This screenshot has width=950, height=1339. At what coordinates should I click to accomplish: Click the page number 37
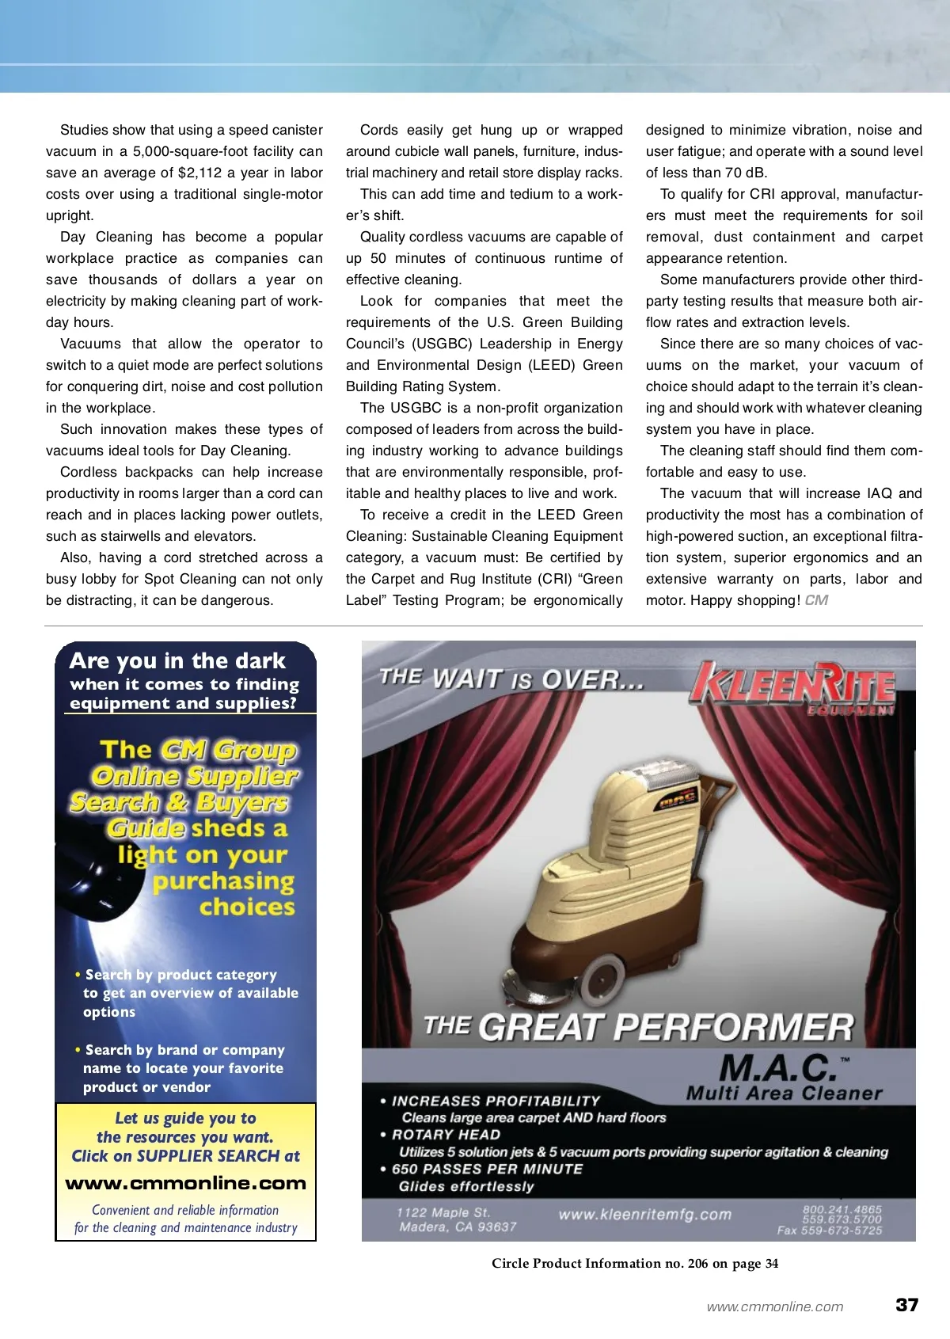tap(906, 1305)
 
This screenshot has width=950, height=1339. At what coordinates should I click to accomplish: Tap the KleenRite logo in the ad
tap(793, 685)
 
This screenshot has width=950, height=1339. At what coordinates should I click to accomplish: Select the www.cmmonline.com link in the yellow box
tap(185, 1184)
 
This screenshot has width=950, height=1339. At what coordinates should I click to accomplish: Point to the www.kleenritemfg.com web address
tap(644, 1215)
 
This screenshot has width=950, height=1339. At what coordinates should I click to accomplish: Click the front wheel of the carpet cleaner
tap(604, 974)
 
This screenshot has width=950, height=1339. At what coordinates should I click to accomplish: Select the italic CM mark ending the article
tap(816, 600)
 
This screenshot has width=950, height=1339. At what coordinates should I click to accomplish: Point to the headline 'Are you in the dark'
tap(177, 661)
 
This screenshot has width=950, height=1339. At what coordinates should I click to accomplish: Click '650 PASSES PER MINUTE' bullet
tap(487, 1169)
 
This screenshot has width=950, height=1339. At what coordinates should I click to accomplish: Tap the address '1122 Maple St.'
tap(443, 1212)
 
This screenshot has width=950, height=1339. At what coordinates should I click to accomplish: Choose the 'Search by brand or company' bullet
tap(184, 1050)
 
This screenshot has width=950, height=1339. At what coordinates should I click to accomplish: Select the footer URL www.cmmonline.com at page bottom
tap(774, 1307)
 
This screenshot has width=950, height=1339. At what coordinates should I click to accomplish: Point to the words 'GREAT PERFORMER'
tap(667, 1028)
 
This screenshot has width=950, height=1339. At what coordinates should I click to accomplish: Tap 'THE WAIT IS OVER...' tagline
tap(511, 679)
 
